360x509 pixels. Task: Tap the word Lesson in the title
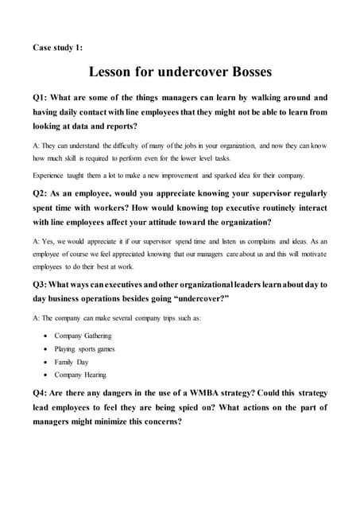coord(119,72)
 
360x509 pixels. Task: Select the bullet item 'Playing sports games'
coord(84,348)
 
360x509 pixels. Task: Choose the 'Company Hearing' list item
coord(80,374)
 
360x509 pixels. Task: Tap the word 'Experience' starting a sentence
coord(52,175)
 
